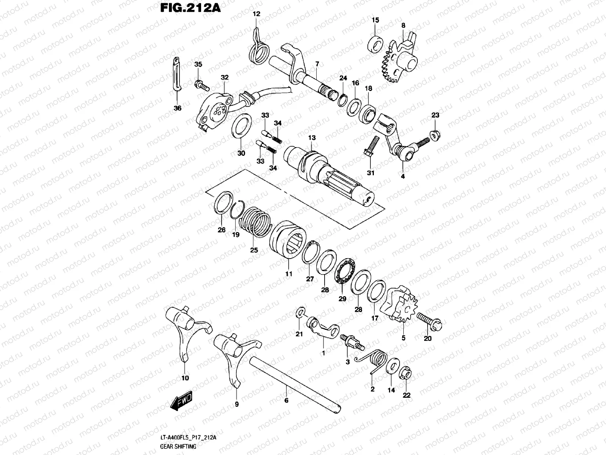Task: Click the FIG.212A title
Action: click(x=186, y=8)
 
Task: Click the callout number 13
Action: click(x=312, y=138)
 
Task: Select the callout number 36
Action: click(x=177, y=108)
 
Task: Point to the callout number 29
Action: click(x=342, y=299)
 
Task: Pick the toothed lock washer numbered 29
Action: click(x=344, y=270)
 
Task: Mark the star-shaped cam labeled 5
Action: click(x=401, y=306)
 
